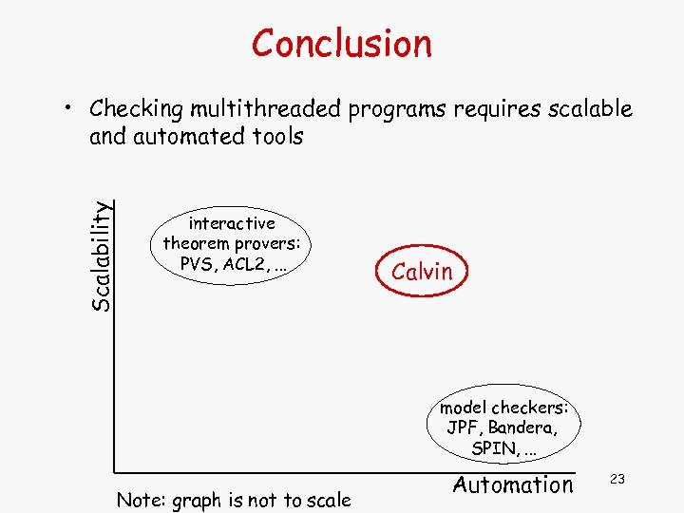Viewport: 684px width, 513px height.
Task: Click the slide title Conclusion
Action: (341, 43)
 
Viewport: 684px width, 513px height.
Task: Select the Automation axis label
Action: (513, 484)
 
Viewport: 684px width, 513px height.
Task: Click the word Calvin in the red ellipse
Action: (422, 272)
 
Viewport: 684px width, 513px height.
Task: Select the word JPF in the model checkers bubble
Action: (465, 427)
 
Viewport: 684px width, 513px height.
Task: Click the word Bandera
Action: (523, 427)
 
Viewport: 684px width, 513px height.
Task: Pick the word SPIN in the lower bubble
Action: (494, 447)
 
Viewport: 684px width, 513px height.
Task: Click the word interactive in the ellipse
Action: (232, 223)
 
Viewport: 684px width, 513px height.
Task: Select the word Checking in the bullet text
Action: (128, 109)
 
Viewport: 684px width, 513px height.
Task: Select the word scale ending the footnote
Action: (327, 500)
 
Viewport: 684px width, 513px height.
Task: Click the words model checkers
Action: (503, 408)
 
